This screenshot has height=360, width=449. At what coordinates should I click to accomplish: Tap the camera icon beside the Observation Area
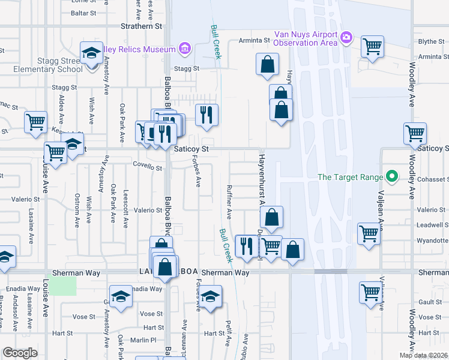point(346,38)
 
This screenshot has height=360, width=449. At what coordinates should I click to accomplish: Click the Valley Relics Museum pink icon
point(184,49)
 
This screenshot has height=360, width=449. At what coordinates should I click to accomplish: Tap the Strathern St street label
point(142,26)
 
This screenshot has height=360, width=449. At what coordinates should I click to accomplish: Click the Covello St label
point(147,169)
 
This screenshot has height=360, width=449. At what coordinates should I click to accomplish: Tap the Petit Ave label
point(228,332)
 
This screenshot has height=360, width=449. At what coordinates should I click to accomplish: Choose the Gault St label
point(431,302)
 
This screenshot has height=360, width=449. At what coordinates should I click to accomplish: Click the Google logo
point(20,352)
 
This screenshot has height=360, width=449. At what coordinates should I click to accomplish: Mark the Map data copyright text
point(423,355)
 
